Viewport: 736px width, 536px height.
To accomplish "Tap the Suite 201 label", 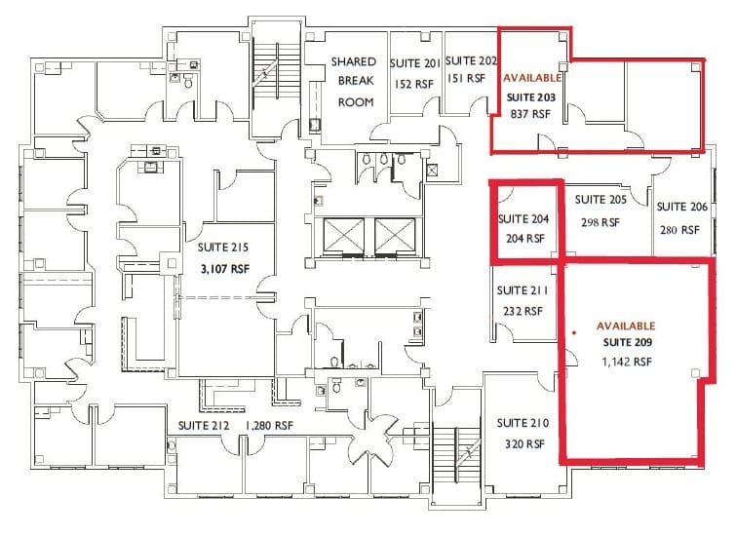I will pyautogui.click(x=415, y=63).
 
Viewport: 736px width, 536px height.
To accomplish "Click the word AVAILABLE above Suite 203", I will pyautogui.click(x=532, y=77).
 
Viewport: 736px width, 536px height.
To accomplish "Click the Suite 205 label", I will pyautogui.click(x=600, y=200).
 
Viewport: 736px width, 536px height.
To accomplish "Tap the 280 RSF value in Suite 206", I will pyautogui.click(x=680, y=230).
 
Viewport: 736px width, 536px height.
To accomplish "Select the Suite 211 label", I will pyautogui.click(x=522, y=290).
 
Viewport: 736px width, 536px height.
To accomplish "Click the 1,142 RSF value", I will pyautogui.click(x=626, y=362).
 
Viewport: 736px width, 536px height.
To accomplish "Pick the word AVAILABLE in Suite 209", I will pyautogui.click(x=626, y=325).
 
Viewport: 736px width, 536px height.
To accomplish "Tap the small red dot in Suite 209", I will pyautogui.click(x=576, y=333).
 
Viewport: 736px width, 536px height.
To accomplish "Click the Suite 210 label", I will pyautogui.click(x=523, y=423).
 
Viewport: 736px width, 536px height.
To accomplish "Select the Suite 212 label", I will pyautogui.click(x=204, y=426).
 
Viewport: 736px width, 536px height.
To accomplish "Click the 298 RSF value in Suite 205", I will pyautogui.click(x=598, y=222).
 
